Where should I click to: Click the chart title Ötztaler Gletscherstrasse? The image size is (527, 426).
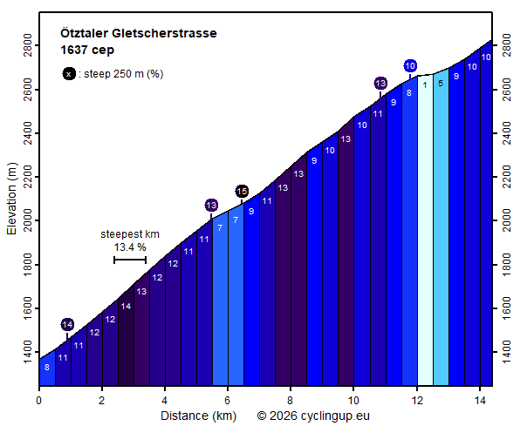pyautogui.click(x=139, y=33)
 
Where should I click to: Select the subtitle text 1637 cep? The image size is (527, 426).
pyautogui.click(x=87, y=50)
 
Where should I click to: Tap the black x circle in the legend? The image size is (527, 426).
pyautogui.click(x=69, y=74)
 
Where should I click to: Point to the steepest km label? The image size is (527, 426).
pyautogui.click(x=130, y=234)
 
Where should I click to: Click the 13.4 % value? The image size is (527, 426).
pyautogui.click(x=130, y=247)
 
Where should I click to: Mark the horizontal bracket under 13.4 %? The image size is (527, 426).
pyautogui.click(x=130, y=260)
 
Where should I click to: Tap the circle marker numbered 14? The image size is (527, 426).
pyautogui.click(x=67, y=325)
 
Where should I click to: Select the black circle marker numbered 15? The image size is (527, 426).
pyautogui.click(x=242, y=192)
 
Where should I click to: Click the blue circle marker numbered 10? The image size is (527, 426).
pyautogui.click(x=410, y=66)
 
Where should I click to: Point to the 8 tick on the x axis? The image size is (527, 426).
pyautogui.click(x=291, y=401)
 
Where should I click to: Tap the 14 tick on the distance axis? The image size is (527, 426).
pyautogui.click(x=479, y=401)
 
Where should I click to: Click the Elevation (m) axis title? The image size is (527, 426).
pyautogui.click(x=11, y=199)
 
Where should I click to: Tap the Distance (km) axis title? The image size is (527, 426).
pyautogui.click(x=197, y=416)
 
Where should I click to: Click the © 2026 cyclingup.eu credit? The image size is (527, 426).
pyautogui.click(x=313, y=416)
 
